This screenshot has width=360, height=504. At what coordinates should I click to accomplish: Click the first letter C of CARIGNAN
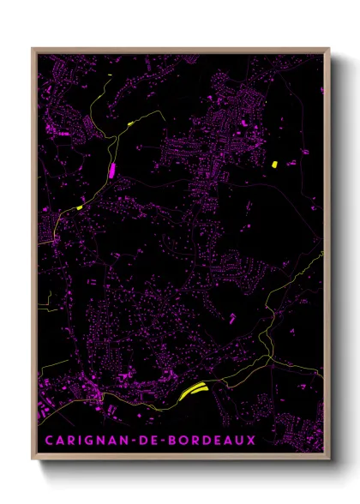click(50, 440)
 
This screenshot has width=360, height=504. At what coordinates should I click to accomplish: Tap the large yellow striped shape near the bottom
click(195, 390)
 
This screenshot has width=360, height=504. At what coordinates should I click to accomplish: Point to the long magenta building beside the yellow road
click(111, 169)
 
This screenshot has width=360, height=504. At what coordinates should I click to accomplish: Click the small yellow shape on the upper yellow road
click(131, 124)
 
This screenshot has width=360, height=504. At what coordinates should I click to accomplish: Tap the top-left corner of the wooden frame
click(33, 49)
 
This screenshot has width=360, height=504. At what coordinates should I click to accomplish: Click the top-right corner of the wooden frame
click(329, 49)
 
